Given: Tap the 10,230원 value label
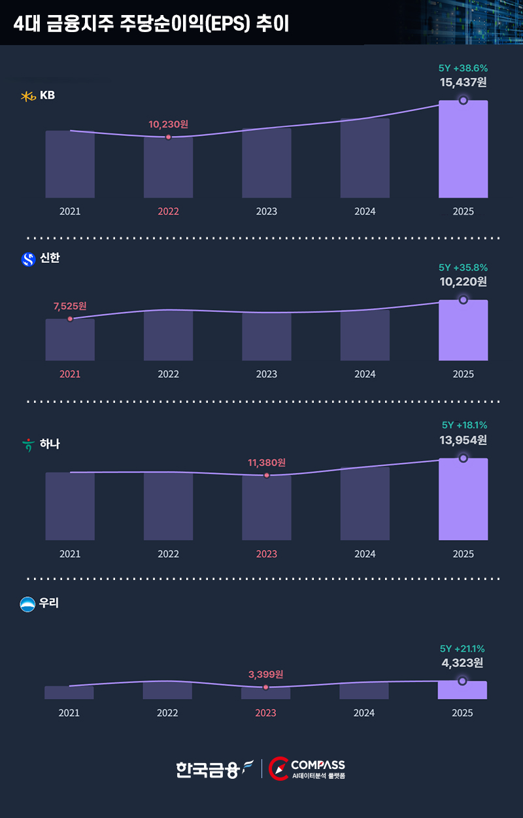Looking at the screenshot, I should [168, 124].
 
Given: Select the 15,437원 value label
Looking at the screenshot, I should [463, 82].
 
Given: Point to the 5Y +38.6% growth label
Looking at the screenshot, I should [463, 68].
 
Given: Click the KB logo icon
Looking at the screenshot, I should [28, 96].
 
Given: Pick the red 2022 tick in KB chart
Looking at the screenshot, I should [168, 212].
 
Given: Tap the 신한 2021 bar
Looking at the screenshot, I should [70, 339].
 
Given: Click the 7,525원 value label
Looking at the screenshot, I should [70, 305].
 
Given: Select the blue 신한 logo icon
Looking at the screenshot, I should [28, 260].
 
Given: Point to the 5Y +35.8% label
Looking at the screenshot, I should [463, 267].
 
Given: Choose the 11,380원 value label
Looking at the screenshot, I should [266, 462].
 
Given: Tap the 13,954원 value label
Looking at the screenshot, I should [463, 441].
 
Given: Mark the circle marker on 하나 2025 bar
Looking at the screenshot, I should [463, 458].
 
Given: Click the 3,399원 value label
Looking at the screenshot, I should [265, 674].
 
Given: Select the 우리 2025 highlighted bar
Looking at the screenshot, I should [462, 690].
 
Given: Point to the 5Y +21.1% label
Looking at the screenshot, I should [462, 649].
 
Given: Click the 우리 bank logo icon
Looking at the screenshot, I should [28, 604].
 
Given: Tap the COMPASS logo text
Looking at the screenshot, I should [318, 765].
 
